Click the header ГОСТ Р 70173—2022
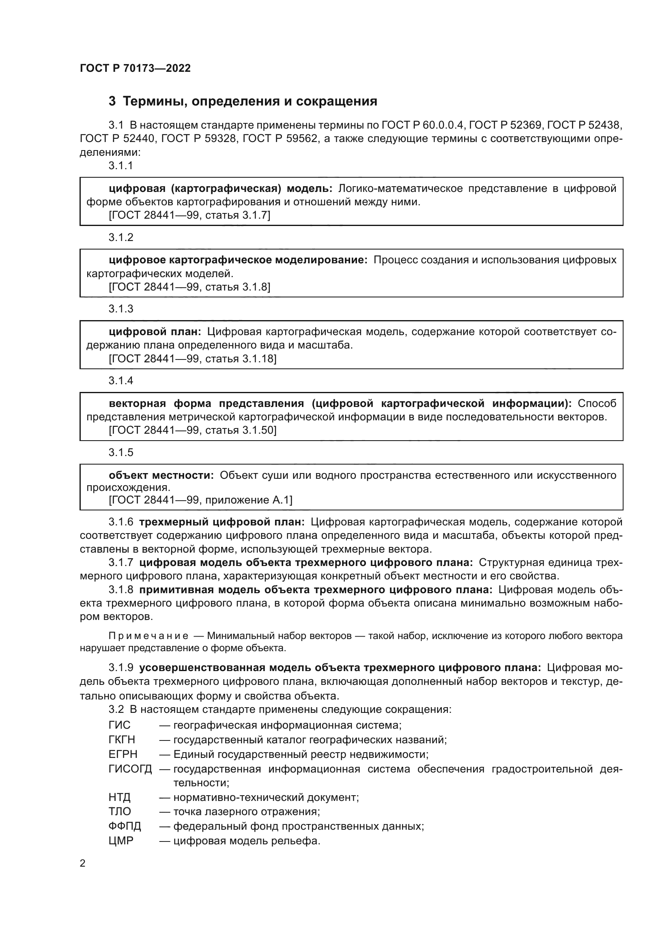coord(135,68)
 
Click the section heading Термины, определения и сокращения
coord(249,101)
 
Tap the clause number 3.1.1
coord(120,166)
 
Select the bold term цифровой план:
coord(155,331)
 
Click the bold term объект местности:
coord(161,476)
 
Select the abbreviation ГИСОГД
coord(130,769)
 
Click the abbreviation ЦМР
coord(121,841)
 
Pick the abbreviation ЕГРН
coord(123,754)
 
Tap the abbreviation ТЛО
coord(120,811)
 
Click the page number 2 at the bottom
coord(83,863)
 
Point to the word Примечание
coord(148,636)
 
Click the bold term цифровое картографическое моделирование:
coord(238,260)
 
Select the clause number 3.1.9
coord(120,668)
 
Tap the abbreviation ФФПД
coord(125,826)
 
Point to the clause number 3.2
coord(116,710)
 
